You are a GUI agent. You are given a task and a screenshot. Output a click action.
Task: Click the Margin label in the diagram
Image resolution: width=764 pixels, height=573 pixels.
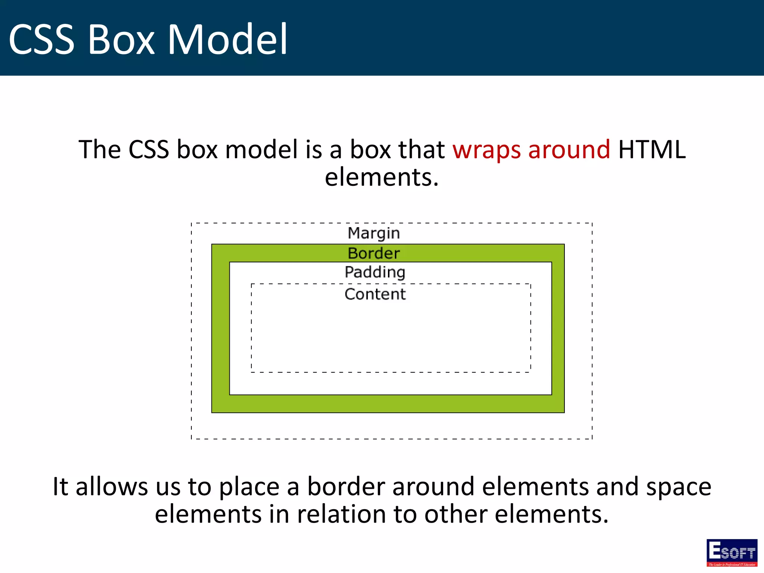[374, 234]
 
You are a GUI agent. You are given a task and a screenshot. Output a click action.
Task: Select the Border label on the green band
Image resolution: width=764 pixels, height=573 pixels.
[374, 253]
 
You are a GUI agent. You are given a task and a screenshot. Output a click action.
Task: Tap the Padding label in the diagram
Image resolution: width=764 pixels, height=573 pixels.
[375, 272]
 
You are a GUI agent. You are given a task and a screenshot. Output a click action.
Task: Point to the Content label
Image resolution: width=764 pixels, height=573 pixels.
[375, 294]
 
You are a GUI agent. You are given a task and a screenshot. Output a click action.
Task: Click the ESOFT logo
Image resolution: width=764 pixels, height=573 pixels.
[732, 552]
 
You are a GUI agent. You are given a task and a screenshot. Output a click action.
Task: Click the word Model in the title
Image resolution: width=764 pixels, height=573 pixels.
[228, 40]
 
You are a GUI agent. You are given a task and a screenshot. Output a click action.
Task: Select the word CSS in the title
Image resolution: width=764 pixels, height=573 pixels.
[42, 40]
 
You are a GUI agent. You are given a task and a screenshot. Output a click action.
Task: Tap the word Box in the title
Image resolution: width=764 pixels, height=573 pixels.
[121, 40]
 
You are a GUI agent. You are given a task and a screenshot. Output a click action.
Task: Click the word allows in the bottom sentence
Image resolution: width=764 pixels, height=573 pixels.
[112, 487]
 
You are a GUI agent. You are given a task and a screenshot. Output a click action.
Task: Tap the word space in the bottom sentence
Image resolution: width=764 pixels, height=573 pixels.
[679, 487]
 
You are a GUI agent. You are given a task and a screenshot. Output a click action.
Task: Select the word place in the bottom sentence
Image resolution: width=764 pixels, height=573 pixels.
[249, 487]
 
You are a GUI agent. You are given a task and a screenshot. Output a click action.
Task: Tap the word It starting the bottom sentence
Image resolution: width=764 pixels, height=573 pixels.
[60, 487]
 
